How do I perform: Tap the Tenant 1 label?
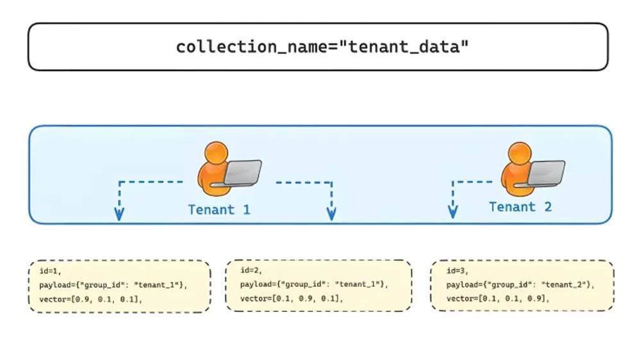pos(219,209)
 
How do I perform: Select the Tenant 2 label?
pos(520,207)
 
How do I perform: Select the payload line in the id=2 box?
pos(315,284)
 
